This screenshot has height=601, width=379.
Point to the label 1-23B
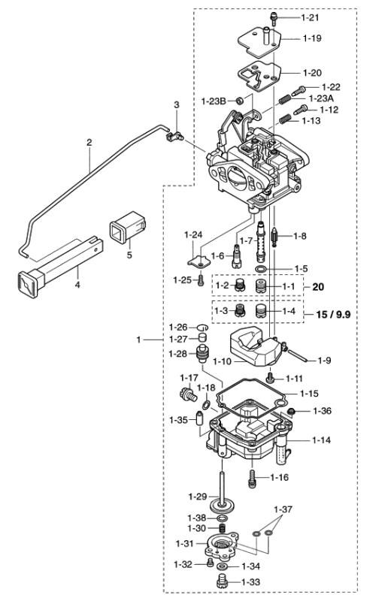click(x=214, y=101)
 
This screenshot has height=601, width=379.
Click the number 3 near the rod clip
click(x=177, y=105)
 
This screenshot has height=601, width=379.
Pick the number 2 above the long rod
click(x=89, y=142)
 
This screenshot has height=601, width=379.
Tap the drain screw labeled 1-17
click(x=183, y=394)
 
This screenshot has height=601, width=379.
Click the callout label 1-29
click(x=197, y=497)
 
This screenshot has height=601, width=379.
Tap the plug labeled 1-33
click(x=222, y=581)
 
